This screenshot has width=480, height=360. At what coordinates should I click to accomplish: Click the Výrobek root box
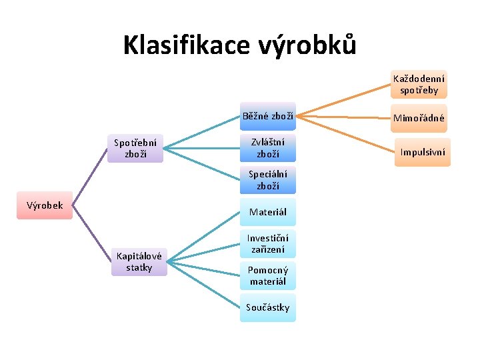(45, 206)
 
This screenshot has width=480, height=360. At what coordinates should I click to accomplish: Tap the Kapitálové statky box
(139, 262)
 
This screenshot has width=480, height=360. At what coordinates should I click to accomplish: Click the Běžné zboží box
(268, 117)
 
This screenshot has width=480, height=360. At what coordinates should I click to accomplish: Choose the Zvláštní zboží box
(268, 148)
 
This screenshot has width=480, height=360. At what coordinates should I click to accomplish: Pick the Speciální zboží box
(268, 181)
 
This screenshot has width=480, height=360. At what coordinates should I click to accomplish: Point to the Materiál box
(268, 212)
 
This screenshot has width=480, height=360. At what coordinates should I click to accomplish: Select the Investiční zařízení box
(268, 244)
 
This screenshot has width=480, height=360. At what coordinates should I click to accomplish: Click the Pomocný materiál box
(268, 275)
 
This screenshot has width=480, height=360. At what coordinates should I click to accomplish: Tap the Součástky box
(268, 307)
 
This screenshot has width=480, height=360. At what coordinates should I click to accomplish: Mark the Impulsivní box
(422, 152)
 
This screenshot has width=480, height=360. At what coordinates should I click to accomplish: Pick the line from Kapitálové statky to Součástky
(203, 285)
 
